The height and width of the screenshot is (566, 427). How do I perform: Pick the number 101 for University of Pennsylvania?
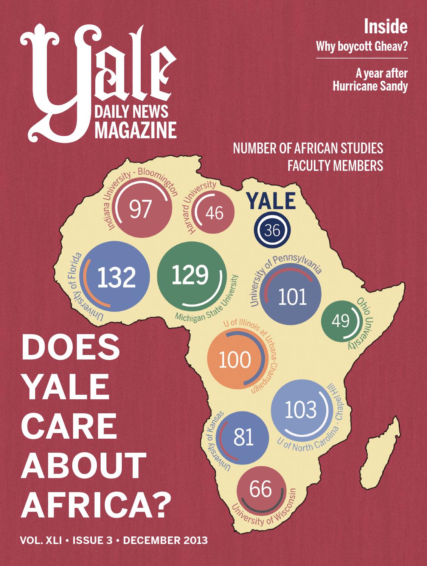coord(292,297)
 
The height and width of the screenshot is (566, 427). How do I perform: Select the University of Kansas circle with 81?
coord(243,437)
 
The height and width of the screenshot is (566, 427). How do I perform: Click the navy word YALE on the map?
coord(271,202)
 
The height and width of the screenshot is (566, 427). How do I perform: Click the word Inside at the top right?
coord(385,27)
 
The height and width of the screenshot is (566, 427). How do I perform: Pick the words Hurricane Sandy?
coord(370,87)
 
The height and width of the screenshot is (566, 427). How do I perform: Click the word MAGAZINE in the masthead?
coord(135,129)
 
